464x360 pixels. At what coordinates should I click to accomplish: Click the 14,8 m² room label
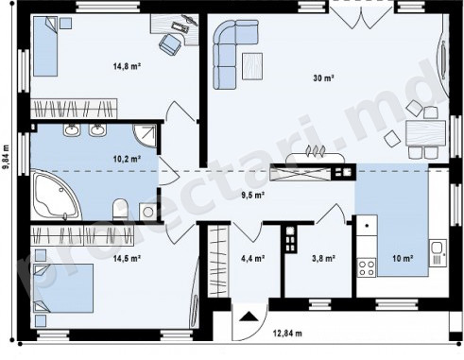click(x=127, y=66)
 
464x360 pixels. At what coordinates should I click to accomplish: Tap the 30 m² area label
click(x=323, y=77)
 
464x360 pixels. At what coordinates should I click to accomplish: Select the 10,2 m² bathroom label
click(x=127, y=159)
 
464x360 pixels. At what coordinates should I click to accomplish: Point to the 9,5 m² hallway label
click(x=252, y=196)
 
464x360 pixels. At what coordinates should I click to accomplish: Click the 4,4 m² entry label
click(x=252, y=259)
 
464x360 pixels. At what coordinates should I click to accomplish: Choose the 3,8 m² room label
click(x=323, y=259)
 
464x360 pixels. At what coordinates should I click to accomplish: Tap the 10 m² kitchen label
click(x=403, y=259)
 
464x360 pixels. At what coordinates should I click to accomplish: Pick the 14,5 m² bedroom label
click(x=127, y=259)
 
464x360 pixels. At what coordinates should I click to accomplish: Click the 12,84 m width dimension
click(x=287, y=333)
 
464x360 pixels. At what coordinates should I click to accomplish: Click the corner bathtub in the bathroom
click(x=57, y=196)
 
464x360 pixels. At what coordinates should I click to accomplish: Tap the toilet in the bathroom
click(x=120, y=209)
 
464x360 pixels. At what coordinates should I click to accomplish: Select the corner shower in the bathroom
click(x=145, y=136)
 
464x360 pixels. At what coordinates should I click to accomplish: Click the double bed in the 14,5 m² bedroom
click(x=63, y=288)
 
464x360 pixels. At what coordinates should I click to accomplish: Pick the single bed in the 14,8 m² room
click(x=45, y=46)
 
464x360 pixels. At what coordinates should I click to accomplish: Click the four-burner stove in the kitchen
click(x=367, y=267)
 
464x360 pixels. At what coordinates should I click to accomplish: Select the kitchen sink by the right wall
click(x=438, y=253)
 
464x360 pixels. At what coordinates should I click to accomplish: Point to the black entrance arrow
click(x=249, y=317)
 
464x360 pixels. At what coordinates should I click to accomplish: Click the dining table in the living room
click(x=425, y=132)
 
